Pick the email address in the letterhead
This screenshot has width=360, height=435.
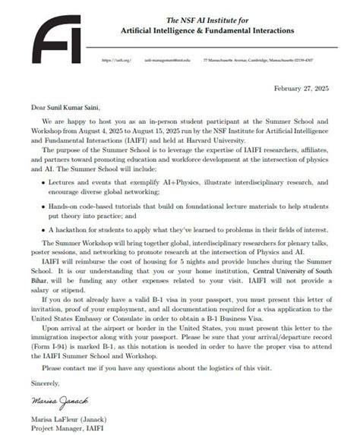166,59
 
